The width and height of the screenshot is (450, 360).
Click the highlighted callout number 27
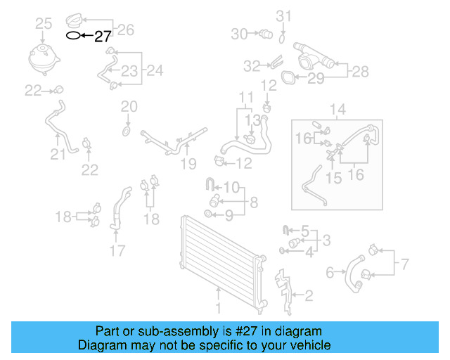pos(103,37)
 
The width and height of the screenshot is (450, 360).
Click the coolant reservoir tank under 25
pos(44,60)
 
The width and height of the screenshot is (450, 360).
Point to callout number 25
pos(44,23)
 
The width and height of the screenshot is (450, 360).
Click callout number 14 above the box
pos(337,110)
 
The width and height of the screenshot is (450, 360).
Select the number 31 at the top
pos(283,16)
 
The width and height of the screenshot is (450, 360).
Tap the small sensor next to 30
pos(266,34)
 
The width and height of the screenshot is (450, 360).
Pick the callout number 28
pos(361,72)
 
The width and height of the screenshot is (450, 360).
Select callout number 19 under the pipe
pos(188,164)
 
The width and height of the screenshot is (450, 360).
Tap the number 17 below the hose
pos(117,250)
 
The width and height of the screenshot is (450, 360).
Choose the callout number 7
pos(404,264)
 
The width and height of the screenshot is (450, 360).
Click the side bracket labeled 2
pos(283,292)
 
